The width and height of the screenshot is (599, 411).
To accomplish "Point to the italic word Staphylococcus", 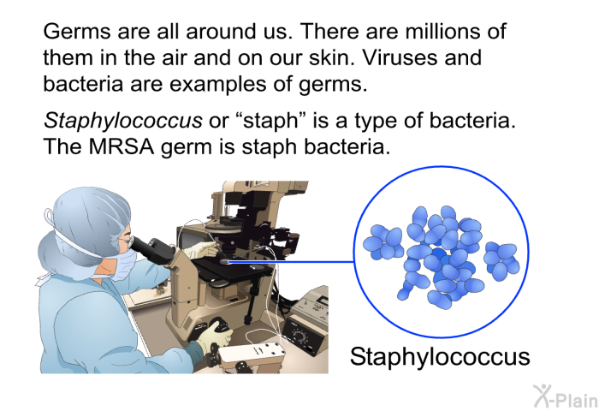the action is [x=122, y=121].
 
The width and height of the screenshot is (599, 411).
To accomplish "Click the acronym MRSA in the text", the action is [x=122, y=146].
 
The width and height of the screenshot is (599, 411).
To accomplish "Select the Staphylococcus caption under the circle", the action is [x=440, y=357].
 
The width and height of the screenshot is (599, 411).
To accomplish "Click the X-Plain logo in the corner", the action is [x=565, y=396].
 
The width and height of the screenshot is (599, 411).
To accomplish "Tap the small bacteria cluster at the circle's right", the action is [x=501, y=260].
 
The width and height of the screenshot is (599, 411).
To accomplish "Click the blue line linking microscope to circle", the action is [x=291, y=262].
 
